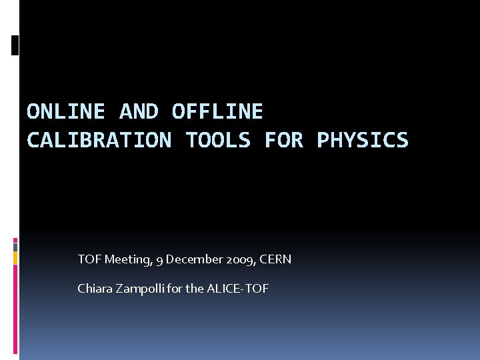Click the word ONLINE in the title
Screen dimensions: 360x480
pos(65,111)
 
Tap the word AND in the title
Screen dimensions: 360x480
pos(138,111)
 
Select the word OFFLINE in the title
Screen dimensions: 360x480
pos(217,111)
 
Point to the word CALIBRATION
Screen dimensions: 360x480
pos(99,140)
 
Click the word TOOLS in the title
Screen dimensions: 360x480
pos(218,140)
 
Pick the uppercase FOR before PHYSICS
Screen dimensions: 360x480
pos(283,140)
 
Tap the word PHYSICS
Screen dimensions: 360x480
pos(362,140)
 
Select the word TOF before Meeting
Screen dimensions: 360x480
pos(89,259)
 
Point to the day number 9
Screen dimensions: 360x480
pos(159,259)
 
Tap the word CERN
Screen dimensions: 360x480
pos(275,259)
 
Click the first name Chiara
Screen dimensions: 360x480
pos(95,289)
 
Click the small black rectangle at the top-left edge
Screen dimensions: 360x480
pos(15,45)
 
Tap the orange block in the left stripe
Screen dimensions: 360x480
pos(15,257)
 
